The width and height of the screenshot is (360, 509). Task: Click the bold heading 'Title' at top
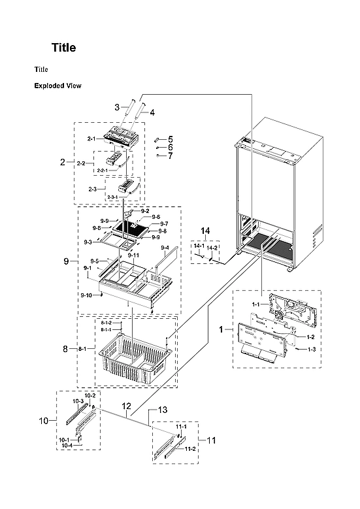64,48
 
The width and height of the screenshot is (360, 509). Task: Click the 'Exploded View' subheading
57,86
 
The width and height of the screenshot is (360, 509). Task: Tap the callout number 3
116,107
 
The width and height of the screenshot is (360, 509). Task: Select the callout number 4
152,112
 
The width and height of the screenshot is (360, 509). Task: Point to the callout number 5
170,139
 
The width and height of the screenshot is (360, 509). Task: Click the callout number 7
170,156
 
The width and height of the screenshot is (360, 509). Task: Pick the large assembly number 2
63,161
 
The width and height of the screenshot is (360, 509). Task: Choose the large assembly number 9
66,261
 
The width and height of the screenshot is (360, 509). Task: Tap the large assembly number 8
65,349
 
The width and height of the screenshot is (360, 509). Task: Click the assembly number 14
205,231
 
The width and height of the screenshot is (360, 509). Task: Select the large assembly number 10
44,421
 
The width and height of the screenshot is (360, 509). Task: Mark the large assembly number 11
210,440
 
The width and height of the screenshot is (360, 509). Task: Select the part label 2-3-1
117,197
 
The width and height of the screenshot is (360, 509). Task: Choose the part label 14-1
199,246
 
